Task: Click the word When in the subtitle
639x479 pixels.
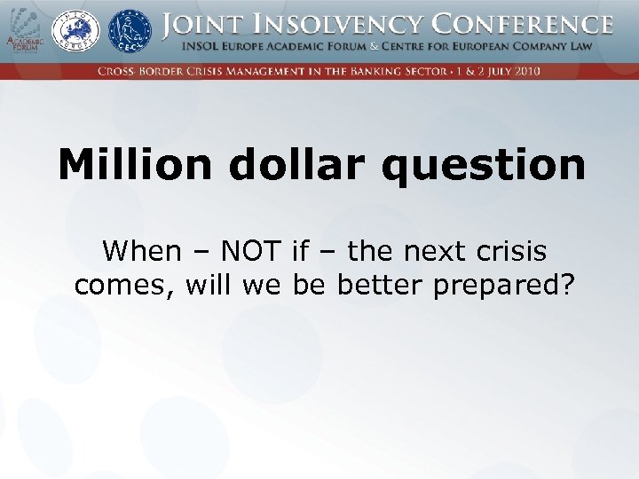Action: point(141,252)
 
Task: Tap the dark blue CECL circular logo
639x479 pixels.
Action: point(130,31)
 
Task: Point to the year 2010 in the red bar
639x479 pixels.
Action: point(525,71)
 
